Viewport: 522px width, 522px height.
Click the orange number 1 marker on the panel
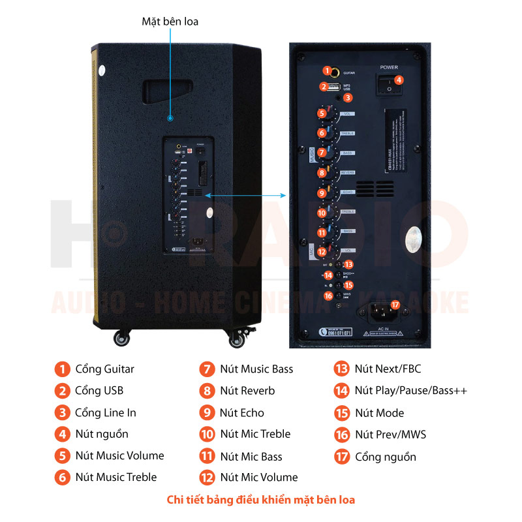pyautogui.click(x=327, y=70)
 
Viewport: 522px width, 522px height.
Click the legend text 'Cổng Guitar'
pyautogui.click(x=104, y=369)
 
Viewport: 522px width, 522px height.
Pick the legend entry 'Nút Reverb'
pyautogui.click(x=247, y=391)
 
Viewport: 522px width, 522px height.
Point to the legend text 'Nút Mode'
pyautogui.click(x=379, y=413)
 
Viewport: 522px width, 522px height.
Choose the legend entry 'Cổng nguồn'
pyautogui.click(x=385, y=457)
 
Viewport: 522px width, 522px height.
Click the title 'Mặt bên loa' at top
pyautogui.click(x=170, y=22)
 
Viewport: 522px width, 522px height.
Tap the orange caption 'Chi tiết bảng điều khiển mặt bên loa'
pyautogui.click(x=261, y=500)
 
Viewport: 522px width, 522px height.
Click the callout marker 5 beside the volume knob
pyautogui.click(x=322, y=113)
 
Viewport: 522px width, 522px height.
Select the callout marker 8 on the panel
pyautogui.click(x=322, y=173)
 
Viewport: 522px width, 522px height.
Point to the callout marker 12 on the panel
pyautogui.click(x=322, y=252)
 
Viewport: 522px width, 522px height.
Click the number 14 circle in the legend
pyautogui.click(x=342, y=391)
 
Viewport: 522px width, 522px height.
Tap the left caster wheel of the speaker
pyautogui.click(x=121, y=338)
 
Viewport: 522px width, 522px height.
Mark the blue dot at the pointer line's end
pyautogui.click(x=170, y=118)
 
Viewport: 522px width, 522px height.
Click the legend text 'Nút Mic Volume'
pyautogui.click(x=258, y=478)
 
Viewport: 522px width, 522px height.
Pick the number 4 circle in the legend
pyautogui.click(x=62, y=434)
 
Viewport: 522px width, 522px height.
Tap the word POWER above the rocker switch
pyautogui.click(x=389, y=67)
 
